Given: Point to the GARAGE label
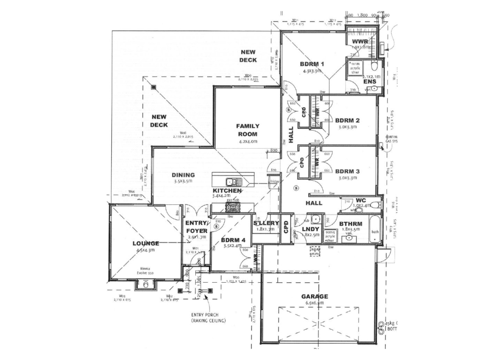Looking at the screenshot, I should point(314,296).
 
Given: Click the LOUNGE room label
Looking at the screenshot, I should point(145,243).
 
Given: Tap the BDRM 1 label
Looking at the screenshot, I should point(312,64).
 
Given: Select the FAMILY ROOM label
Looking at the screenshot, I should point(248,130).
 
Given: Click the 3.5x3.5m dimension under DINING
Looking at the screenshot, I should point(183,181).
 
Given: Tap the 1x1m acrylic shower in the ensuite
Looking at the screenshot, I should point(355,68).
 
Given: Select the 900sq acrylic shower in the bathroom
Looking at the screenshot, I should point(329,235).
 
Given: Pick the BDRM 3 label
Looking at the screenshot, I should point(347,171).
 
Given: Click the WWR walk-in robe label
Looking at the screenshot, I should point(360,42).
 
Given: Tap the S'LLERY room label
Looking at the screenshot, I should point(266,223).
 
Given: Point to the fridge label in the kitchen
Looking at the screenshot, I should point(274,181).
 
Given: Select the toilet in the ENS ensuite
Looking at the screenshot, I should point(374,67).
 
